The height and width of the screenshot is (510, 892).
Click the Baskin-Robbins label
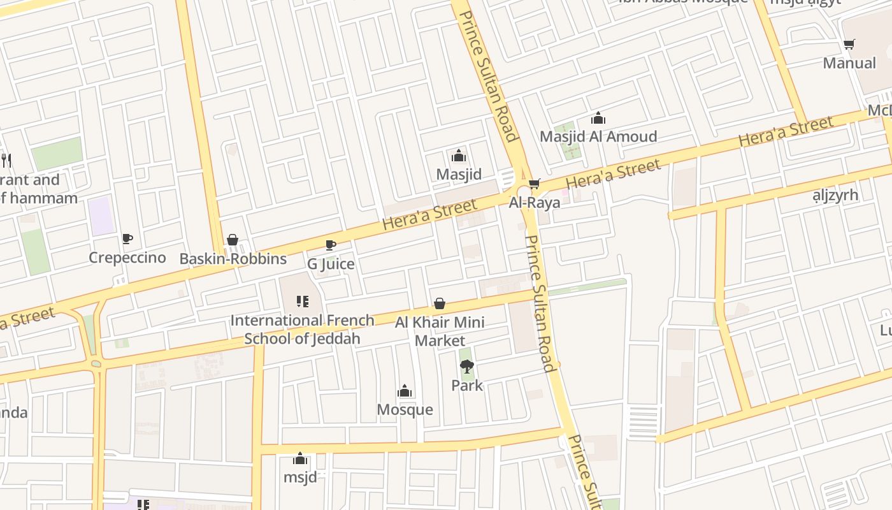point(233,259)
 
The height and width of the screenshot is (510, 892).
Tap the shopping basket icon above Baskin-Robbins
point(233,240)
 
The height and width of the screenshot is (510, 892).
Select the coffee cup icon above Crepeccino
point(127,239)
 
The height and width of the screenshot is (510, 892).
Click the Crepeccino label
point(127,258)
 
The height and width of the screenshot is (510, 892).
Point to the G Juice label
point(331,263)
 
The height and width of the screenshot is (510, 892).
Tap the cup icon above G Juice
point(331,245)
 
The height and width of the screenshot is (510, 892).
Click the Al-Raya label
point(535,203)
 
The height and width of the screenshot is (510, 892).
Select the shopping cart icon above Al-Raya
point(535,184)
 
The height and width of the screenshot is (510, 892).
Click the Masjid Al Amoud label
point(598,136)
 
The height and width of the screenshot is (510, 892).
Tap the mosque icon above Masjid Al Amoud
point(598,118)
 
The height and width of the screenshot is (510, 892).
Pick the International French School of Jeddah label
point(302,329)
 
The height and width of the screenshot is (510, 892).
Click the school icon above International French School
point(303,302)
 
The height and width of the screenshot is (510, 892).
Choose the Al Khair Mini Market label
point(440,331)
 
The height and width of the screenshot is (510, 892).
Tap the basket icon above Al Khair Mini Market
point(440,303)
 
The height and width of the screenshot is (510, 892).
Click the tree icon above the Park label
point(467,367)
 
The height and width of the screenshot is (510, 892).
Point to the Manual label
point(849,63)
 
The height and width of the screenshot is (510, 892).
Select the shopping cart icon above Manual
point(849,44)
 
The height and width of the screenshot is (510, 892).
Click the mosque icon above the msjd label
point(300,458)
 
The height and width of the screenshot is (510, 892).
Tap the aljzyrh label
point(835,194)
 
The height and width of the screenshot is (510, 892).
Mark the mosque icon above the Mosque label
point(405,391)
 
